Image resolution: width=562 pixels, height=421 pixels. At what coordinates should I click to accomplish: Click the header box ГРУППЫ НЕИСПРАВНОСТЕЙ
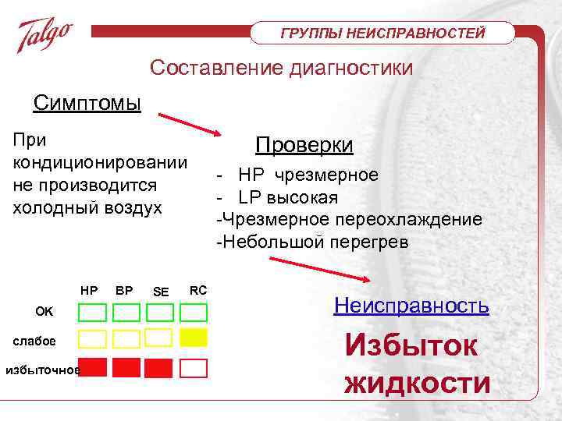pos(383,33)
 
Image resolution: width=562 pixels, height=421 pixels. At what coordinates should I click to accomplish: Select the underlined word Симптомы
pos(87,102)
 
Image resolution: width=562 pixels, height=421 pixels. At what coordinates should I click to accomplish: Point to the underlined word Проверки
pos(304,146)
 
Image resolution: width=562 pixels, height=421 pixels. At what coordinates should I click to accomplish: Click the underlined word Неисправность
pos(411,305)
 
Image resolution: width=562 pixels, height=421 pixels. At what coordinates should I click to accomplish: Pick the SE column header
pos(161,292)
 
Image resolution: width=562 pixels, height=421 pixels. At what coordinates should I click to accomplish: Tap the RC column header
pos(198,290)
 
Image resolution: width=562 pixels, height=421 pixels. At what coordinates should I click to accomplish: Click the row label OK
pos(44,312)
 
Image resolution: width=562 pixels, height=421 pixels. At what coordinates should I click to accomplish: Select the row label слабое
pos(34,340)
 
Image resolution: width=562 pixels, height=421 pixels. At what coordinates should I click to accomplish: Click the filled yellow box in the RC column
pos(194,338)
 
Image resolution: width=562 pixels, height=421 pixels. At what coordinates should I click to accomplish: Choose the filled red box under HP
pos(93,366)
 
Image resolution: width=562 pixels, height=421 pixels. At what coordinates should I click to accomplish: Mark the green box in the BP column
pos(126,313)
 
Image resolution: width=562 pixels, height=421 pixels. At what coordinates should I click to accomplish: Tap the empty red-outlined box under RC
pos(194,367)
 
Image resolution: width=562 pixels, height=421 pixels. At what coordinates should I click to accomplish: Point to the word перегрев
pos(368,242)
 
